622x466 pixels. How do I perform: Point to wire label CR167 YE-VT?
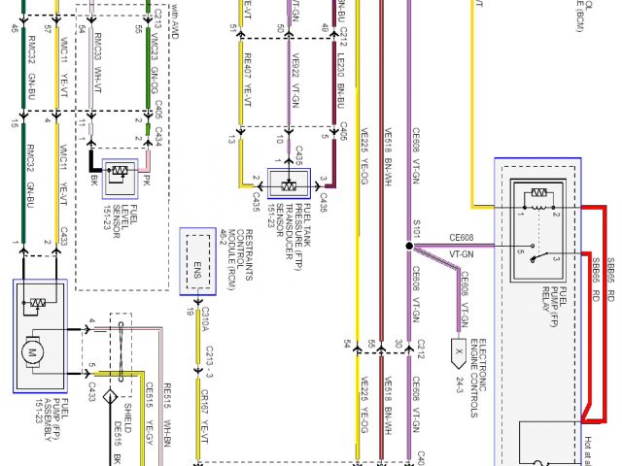(x=204, y=407)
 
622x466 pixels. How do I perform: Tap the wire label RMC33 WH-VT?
(x=98, y=57)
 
